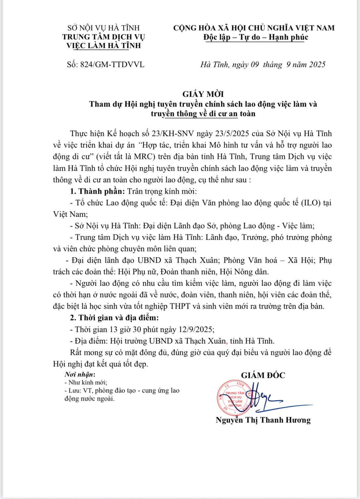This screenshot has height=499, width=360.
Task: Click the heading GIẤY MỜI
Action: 203,94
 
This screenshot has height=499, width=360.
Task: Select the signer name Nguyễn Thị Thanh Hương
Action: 263,420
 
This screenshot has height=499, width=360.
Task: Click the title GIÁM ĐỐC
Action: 263,375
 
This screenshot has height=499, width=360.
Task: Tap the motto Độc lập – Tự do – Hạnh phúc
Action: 255,37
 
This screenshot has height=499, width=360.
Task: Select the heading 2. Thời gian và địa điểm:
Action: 114,318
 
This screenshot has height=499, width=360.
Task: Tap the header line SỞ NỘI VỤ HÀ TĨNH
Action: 104,28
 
